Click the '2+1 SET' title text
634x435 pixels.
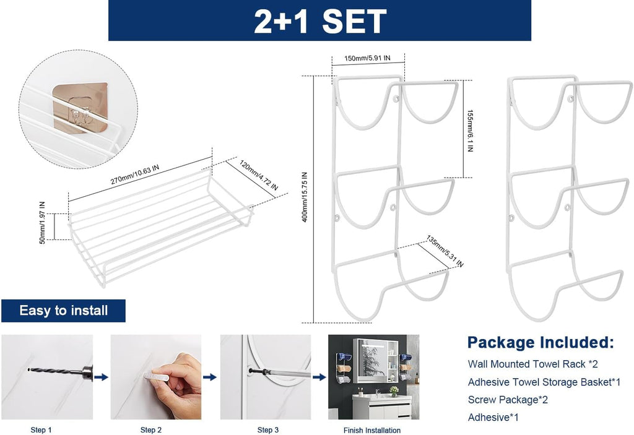coord(320,20)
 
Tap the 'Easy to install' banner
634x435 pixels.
coord(64,311)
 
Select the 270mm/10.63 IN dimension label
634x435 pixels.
coord(134,174)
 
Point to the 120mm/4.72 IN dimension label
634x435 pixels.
coord(259,176)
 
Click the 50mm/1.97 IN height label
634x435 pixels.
coord(43,223)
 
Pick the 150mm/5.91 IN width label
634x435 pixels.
coord(367,58)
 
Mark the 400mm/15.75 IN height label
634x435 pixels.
coord(305,197)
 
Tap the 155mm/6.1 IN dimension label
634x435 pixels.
coord(470,131)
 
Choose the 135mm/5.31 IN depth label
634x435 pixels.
coord(445,251)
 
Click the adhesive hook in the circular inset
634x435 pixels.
coord(80,108)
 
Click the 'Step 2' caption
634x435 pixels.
coord(151,430)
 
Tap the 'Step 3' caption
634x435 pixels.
coord(267,430)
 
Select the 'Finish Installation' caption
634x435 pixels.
coord(372,430)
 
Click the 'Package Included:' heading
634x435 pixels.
coord(541,342)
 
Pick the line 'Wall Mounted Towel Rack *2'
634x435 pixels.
coord(532,364)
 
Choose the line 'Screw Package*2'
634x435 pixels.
coord(508,400)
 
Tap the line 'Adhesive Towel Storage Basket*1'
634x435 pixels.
coord(544,382)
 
